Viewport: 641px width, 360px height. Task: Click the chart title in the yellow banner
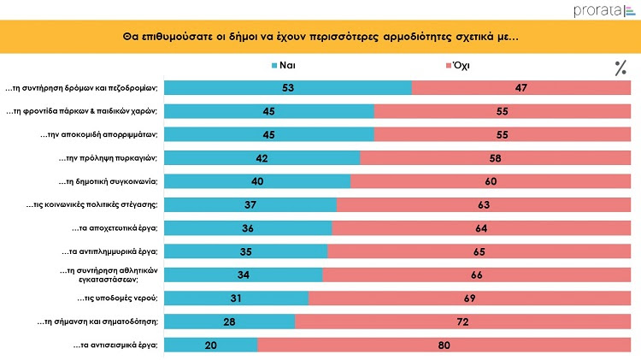[x=320, y=38]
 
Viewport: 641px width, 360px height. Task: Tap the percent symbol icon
[x=620, y=68]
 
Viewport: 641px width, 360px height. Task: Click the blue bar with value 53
[x=287, y=87]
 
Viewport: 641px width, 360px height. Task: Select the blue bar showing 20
[x=210, y=345]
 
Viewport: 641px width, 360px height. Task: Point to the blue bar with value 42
[x=262, y=157]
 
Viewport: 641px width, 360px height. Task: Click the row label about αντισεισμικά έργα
[x=115, y=345]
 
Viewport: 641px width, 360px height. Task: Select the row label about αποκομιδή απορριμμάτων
[x=100, y=134]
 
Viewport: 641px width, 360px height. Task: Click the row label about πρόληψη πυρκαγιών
[x=108, y=157]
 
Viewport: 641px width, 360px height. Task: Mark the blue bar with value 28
[x=229, y=322]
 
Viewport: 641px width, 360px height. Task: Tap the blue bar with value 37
[x=250, y=204]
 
